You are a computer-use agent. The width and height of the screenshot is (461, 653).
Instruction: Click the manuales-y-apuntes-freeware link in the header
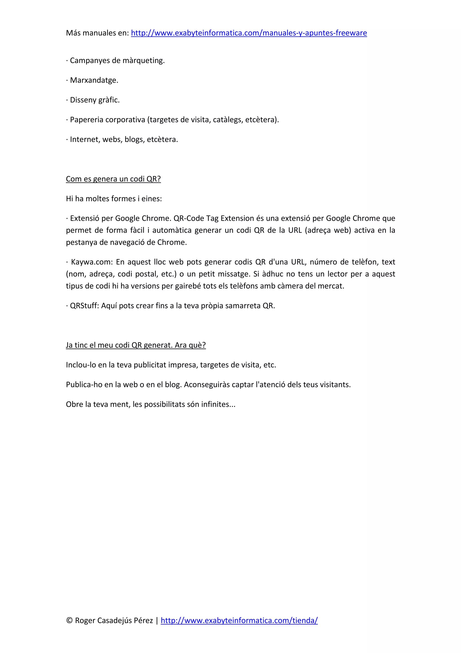click(x=249, y=33)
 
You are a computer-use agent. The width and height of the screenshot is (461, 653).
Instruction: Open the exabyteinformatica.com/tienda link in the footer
click(x=239, y=620)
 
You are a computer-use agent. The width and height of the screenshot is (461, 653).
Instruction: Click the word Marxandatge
click(x=94, y=80)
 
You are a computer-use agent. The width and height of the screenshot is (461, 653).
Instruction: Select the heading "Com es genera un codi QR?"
click(x=113, y=179)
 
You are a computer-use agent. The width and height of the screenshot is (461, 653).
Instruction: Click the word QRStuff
click(x=84, y=306)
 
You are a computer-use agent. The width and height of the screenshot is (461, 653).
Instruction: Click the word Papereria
click(x=86, y=120)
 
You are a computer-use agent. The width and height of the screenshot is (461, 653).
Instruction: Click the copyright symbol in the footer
click(x=69, y=620)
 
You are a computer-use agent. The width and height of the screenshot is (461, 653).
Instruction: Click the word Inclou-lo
click(x=81, y=365)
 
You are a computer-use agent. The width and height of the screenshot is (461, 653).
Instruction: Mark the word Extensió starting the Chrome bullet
click(x=85, y=218)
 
